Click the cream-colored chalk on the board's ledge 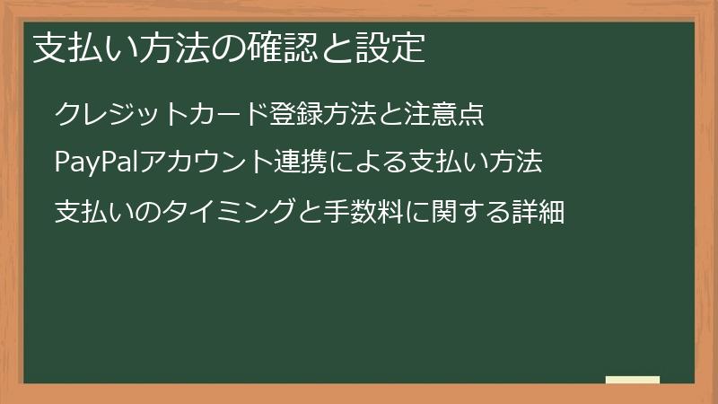(x=632, y=380)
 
